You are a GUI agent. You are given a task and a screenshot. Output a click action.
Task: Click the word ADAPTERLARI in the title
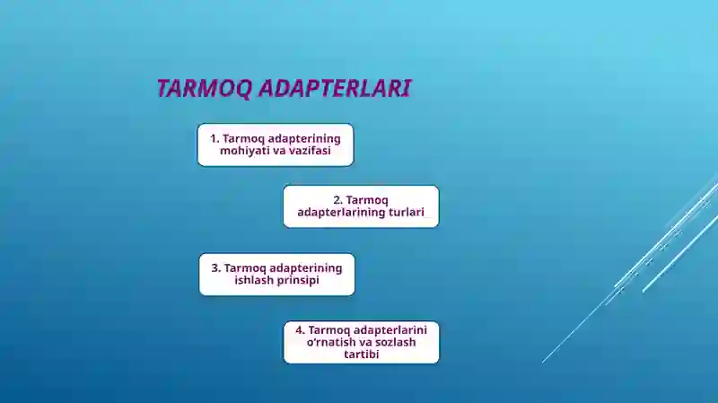coord(336,89)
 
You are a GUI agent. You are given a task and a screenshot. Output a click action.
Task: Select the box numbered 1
coord(276,145)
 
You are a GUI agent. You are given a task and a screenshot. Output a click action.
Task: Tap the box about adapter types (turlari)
coord(361,206)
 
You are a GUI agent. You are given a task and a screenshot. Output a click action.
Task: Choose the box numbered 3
coord(276,274)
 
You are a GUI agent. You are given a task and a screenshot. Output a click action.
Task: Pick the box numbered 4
coord(361,342)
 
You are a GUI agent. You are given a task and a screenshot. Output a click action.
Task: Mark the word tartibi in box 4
coord(361,355)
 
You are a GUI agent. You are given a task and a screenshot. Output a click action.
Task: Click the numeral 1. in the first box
coord(215,139)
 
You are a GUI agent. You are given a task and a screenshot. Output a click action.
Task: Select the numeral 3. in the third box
coord(215,267)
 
